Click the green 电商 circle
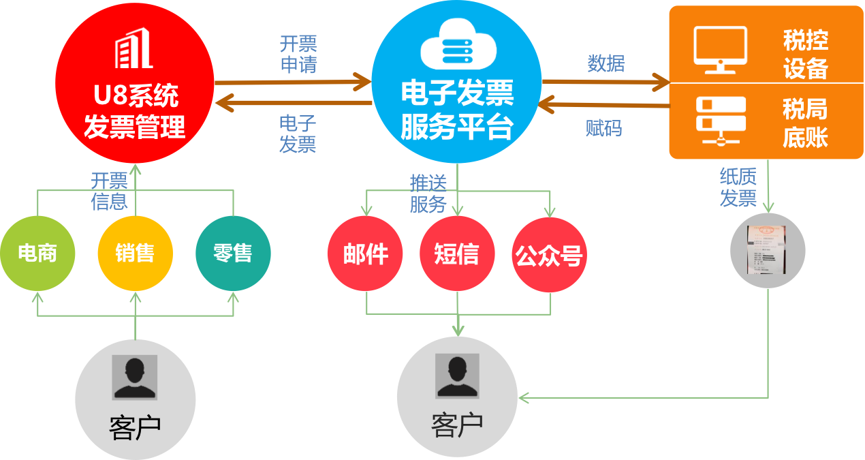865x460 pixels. tap(37, 254)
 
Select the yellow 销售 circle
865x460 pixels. tap(135, 254)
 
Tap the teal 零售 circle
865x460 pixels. tap(233, 254)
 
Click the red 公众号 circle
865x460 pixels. tap(549, 256)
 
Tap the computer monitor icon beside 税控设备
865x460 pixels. tap(720, 48)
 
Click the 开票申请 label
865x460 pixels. tap(298, 55)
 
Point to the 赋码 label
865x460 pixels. tap(603, 128)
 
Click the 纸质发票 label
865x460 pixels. tap(738, 187)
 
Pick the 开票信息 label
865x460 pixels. tap(110, 191)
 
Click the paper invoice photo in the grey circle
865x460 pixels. tap(768, 250)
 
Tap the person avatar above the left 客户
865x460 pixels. tap(135, 377)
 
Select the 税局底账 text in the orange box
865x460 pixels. tap(805, 123)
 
